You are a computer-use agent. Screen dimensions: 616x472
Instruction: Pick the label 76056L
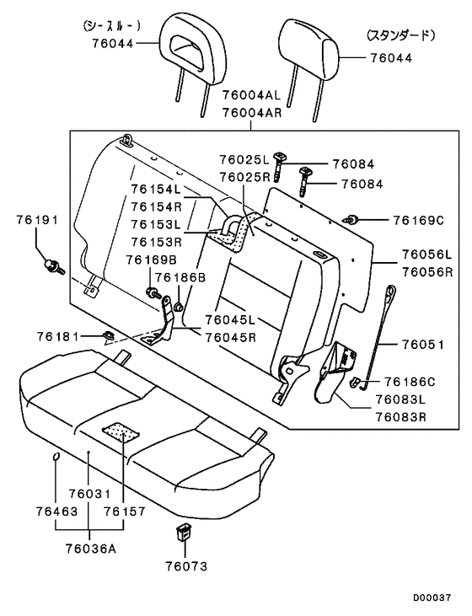tap(426, 254)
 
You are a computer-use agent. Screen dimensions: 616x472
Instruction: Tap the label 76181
tap(56, 336)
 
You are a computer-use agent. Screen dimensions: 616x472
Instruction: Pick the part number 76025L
tap(244, 158)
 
